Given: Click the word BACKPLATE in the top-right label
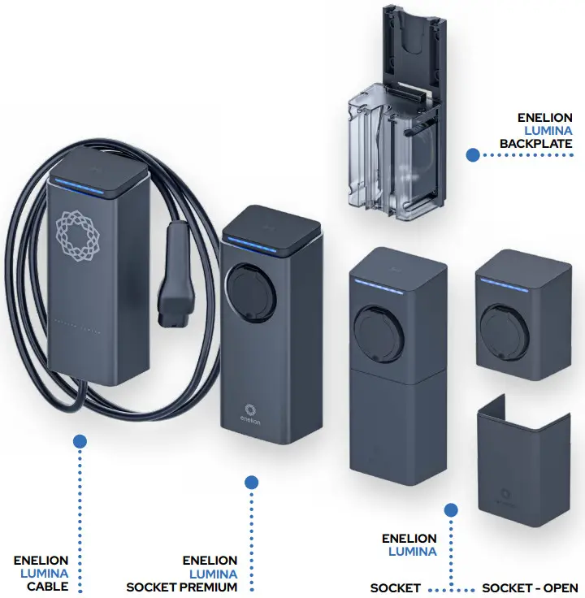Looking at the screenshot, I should (535, 144).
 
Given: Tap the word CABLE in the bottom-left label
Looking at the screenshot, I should (48, 587).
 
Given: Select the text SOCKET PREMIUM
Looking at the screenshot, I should (182, 587).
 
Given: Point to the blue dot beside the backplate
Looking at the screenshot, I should (470, 153).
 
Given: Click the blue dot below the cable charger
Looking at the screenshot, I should (80, 441).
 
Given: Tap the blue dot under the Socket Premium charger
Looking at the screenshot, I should (251, 482).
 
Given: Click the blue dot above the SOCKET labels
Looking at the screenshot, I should (452, 509).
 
